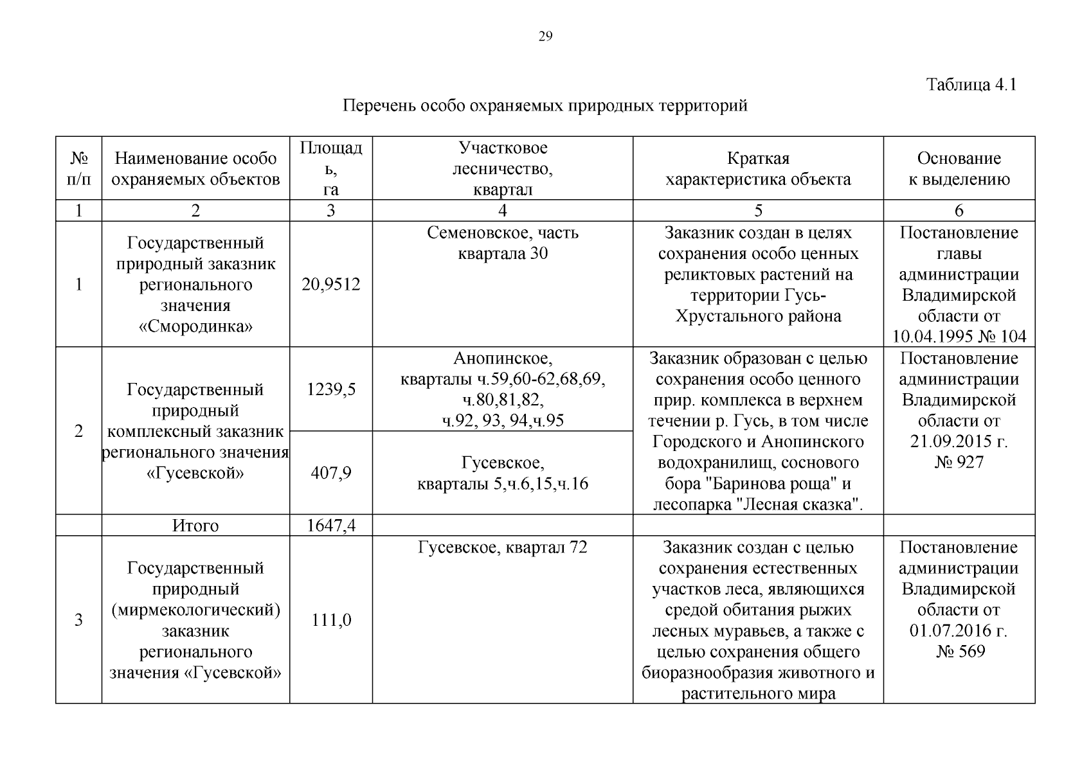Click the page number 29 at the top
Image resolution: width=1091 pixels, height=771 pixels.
545,37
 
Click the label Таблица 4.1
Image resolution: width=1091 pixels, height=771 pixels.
971,85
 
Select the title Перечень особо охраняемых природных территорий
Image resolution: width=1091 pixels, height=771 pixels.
545,105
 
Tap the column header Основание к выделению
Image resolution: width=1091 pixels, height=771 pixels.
959,168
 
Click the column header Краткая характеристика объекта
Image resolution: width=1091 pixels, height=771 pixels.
757,168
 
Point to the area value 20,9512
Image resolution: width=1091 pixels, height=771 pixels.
330,285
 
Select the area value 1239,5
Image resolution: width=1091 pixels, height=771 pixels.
330,389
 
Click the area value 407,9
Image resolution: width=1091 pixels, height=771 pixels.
330,474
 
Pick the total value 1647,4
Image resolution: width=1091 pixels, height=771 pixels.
330,526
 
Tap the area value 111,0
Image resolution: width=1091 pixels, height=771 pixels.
330,620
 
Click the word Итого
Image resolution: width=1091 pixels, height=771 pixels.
195,526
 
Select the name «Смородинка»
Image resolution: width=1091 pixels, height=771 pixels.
195,326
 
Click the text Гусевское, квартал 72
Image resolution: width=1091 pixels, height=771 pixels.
502,547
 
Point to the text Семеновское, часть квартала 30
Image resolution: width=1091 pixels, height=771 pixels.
502,243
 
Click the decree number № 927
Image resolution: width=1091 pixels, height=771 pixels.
959,463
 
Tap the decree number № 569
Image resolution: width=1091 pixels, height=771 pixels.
959,651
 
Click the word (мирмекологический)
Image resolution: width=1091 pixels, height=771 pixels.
195,610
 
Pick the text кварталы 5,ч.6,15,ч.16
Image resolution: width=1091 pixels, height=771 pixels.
502,484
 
